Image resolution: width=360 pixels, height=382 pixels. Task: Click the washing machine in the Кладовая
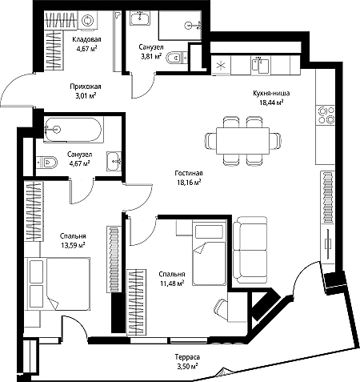coord(87,21)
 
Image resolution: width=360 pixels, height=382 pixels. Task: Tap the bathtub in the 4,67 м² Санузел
coord(73,130)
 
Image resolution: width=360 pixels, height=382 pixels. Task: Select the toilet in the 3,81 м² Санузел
coord(176,57)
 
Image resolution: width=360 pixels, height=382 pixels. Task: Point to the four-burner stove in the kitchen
coord(325,115)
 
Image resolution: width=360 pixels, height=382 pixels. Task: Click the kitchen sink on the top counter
coord(260,64)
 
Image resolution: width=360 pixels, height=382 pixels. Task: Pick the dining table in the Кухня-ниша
coord(242,141)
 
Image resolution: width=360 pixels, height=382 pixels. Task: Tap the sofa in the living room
coord(250,250)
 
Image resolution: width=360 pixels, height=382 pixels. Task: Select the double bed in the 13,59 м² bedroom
coord(58,283)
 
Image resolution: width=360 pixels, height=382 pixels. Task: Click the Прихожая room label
coord(86,86)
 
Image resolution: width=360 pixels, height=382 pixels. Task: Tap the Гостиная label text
coord(189,173)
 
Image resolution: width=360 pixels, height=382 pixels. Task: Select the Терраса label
coord(187,357)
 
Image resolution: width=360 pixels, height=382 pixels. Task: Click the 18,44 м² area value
coord(271,103)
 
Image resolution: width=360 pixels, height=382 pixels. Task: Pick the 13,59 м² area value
coord(73,245)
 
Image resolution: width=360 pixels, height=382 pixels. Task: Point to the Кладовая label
coord(86,39)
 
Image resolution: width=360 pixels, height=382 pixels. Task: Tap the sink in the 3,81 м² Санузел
coord(140,18)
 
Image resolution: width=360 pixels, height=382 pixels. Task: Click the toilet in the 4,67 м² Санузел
coord(46,162)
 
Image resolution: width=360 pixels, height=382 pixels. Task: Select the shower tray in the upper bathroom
coord(180,26)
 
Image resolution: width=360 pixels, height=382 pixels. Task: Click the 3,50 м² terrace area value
coord(187,366)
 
